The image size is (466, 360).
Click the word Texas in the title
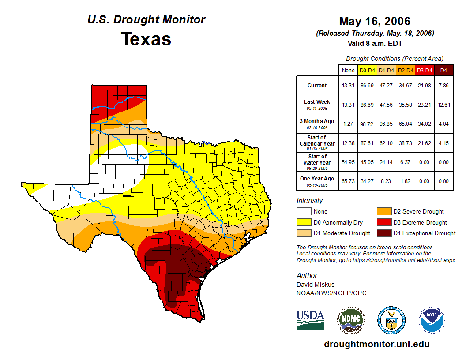click(146, 39)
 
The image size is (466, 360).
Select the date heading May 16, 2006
click(375, 21)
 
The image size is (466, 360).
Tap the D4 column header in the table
click(444, 71)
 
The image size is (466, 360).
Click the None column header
click(348, 71)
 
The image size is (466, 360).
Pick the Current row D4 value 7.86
click(444, 86)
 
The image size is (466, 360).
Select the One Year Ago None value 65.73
click(348, 181)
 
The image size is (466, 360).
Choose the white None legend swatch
click(303, 212)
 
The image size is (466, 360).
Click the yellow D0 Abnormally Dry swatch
click(303, 222)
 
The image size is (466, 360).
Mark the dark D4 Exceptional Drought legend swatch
click(383, 233)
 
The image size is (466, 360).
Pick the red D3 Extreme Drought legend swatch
click(383, 222)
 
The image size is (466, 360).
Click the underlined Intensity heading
click(310, 201)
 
